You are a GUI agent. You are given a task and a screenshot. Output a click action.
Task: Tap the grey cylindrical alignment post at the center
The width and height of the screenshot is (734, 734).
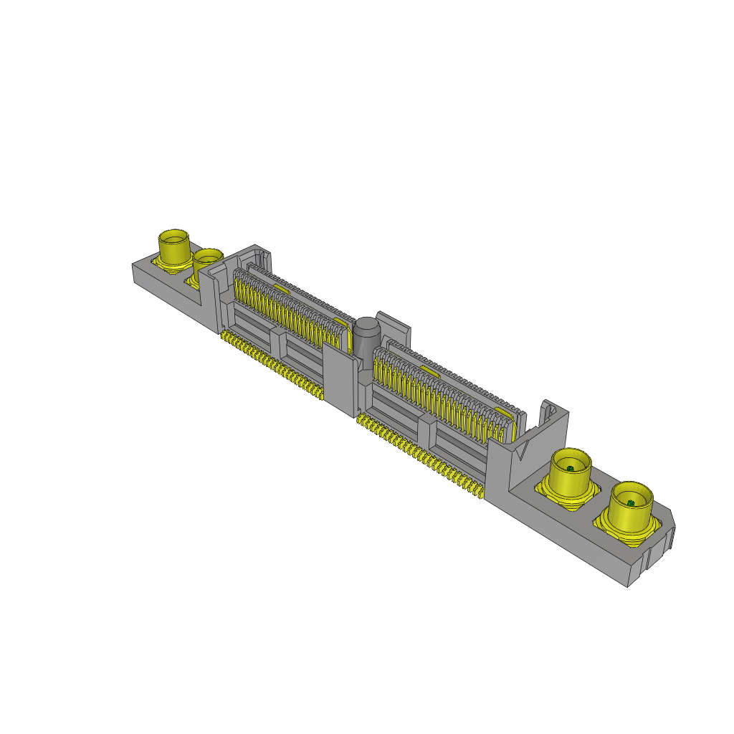pyautogui.click(x=367, y=335)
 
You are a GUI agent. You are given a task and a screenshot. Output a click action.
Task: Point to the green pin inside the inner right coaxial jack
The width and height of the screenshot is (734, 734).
pyautogui.click(x=570, y=469)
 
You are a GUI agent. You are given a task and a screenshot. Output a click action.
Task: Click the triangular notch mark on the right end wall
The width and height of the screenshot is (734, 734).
pyautogui.click(x=523, y=451)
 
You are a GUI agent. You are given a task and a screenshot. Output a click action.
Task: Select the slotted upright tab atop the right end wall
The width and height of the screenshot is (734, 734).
pyautogui.click(x=549, y=412)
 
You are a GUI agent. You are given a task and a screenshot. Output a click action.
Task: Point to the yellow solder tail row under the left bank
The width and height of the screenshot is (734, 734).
pyautogui.click(x=272, y=366)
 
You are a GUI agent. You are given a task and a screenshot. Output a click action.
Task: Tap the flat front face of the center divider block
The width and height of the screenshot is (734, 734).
pyautogui.click(x=338, y=380)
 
